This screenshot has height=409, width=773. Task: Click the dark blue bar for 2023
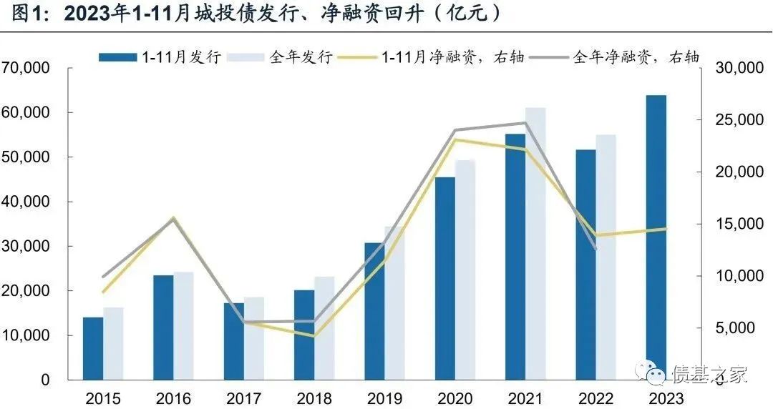(656, 236)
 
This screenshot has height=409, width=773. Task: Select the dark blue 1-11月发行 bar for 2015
(93, 348)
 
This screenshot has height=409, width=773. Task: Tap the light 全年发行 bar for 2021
(535, 243)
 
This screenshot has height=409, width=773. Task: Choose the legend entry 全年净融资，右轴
(623, 57)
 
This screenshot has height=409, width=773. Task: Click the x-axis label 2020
(455, 398)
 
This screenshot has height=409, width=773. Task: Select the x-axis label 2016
(173, 398)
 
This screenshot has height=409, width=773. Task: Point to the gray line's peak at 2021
(525, 123)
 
